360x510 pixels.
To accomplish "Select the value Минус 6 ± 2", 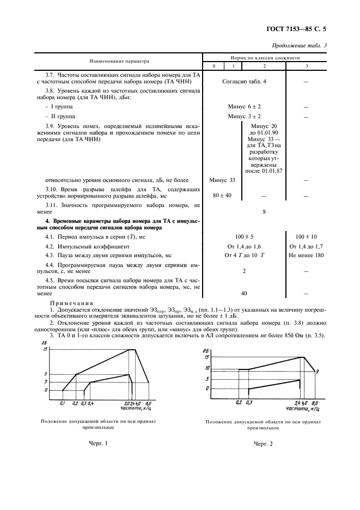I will click(x=245, y=107).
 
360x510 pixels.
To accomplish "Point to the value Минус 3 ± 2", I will click(x=245, y=116).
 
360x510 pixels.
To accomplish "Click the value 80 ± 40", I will click(x=222, y=195).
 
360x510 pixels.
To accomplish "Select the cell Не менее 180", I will click(x=306, y=255).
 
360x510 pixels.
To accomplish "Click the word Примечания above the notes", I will click(x=72, y=303).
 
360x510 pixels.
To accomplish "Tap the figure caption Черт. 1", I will click(x=99, y=443).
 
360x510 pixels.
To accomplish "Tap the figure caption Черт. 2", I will click(x=263, y=444).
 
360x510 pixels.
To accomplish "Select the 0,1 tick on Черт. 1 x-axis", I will click(x=62, y=403).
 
